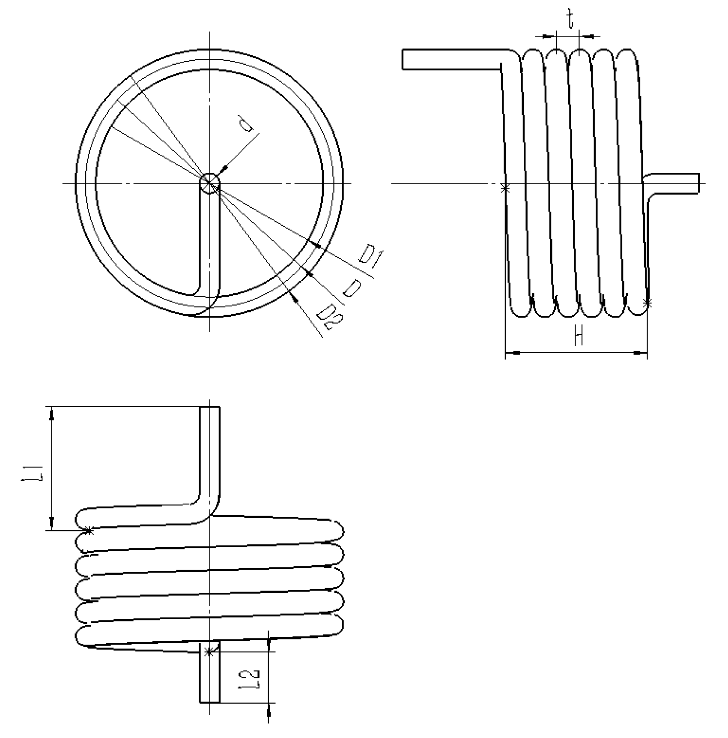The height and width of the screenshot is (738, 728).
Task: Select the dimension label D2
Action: [326, 316]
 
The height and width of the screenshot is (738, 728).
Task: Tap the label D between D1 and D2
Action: [352, 288]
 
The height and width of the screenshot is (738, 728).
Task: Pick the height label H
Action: [578, 336]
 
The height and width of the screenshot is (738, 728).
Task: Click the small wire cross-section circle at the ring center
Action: [210, 184]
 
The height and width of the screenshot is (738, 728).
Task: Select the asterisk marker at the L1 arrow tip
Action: [88, 531]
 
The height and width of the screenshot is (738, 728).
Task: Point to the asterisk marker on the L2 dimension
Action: [209, 652]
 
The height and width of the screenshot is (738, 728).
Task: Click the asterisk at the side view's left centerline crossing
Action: [505, 188]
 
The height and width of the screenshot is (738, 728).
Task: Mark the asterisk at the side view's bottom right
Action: [647, 303]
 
